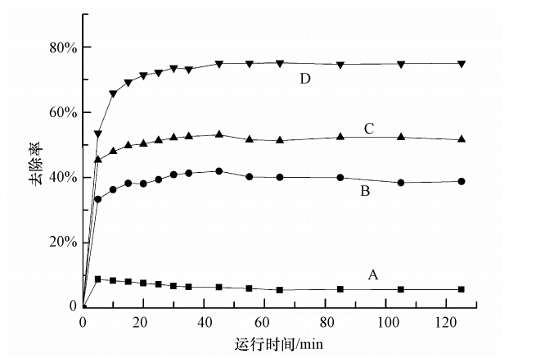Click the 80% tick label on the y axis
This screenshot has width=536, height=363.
[x=62, y=48]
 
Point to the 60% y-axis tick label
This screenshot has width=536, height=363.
[x=62, y=112]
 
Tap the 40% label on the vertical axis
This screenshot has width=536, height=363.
[x=62, y=177]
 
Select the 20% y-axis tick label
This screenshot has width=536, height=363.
[x=62, y=242]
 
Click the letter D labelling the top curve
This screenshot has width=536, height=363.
[x=306, y=79]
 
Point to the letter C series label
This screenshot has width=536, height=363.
[x=369, y=128]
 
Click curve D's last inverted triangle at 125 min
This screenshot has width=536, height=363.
[x=462, y=64]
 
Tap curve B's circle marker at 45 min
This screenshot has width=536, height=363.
[x=218, y=171]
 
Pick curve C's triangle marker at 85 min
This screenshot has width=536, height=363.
[x=340, y=137]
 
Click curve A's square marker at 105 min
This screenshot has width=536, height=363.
[x=401, y=289]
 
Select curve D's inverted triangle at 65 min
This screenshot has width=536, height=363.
[x=280, y=63]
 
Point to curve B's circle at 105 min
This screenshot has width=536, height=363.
[x=401, y=183]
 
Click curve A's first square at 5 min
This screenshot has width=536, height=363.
[x=98, y=279]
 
